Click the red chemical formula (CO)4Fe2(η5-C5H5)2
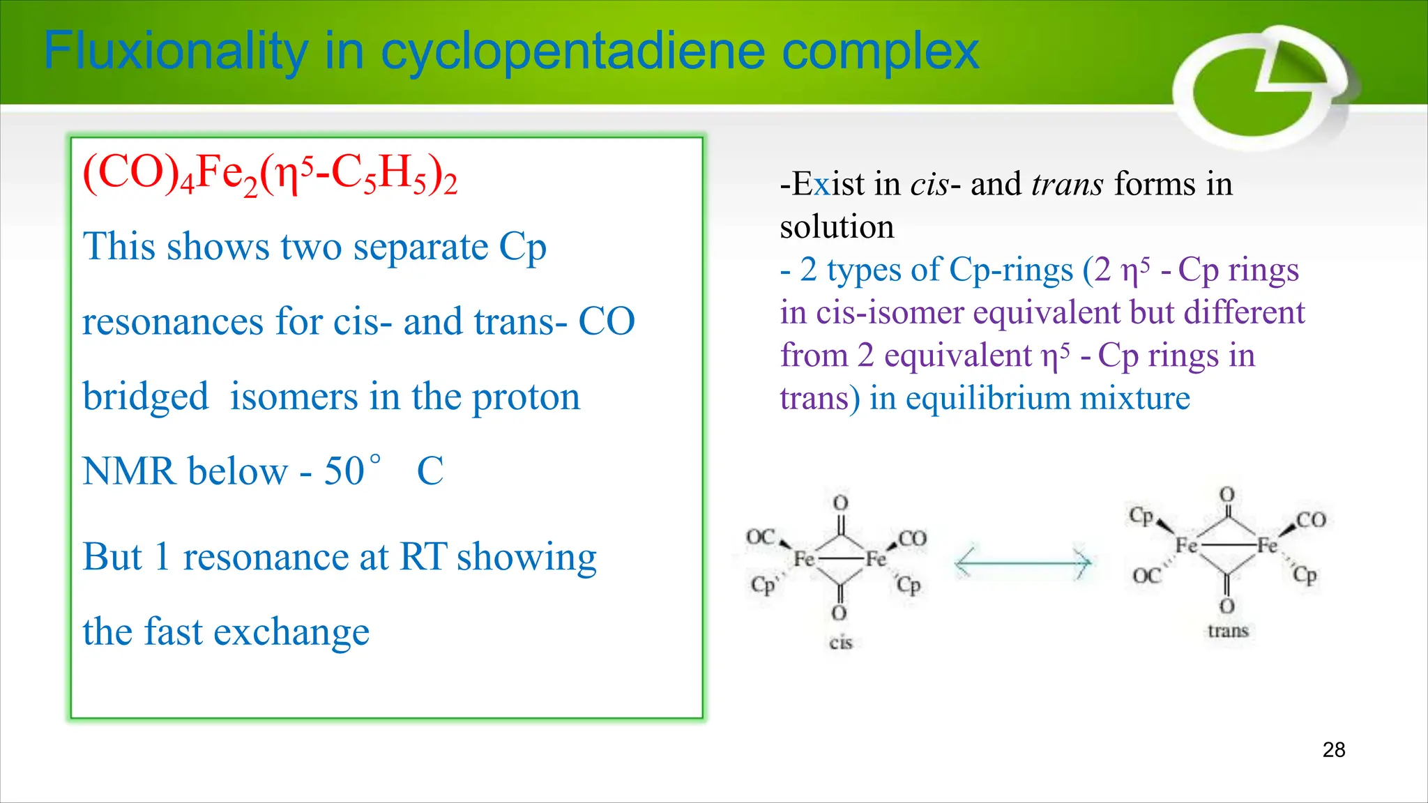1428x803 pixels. click(x=270, y=174)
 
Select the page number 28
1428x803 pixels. click(x=1333, y=750)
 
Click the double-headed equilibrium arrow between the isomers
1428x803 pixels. click(x=1022, y=562)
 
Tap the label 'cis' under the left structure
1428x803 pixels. click(x=841, y=642)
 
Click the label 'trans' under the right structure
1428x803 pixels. click(x=1228, y=631)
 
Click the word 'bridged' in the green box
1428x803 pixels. click(x=146, y=397)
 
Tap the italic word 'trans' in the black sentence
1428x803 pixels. click(x=1068, y=184)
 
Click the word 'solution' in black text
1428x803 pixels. click(x=837, y=227)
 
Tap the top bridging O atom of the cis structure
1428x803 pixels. click(x=841, y=503)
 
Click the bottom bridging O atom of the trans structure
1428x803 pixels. click(x=1227, y=606)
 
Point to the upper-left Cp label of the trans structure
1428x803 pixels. click(x=1141, y=517)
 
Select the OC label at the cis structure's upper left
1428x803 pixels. click(x=760, y=537)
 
